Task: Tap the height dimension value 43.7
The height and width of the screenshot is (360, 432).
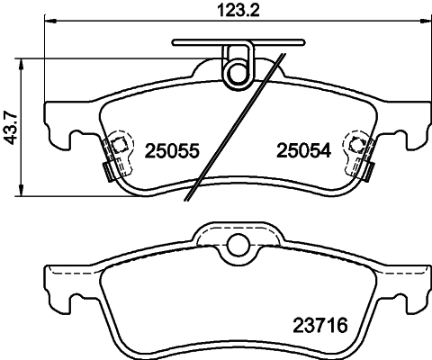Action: (12, 126)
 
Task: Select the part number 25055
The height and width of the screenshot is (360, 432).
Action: (170, 152)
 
